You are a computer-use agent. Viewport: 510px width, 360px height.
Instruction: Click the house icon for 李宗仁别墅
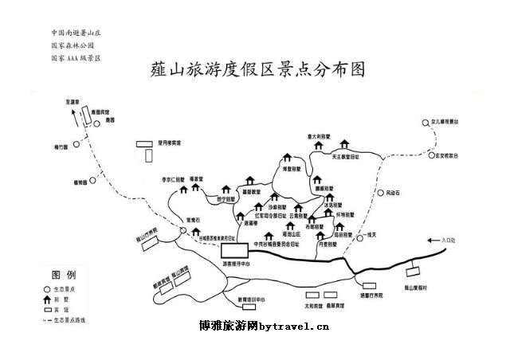[x=184, y=190]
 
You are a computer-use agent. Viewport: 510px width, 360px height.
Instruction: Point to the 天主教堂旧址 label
[x=346, y=158]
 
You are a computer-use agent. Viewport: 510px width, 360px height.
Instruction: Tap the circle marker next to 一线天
[x=359, y=237]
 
